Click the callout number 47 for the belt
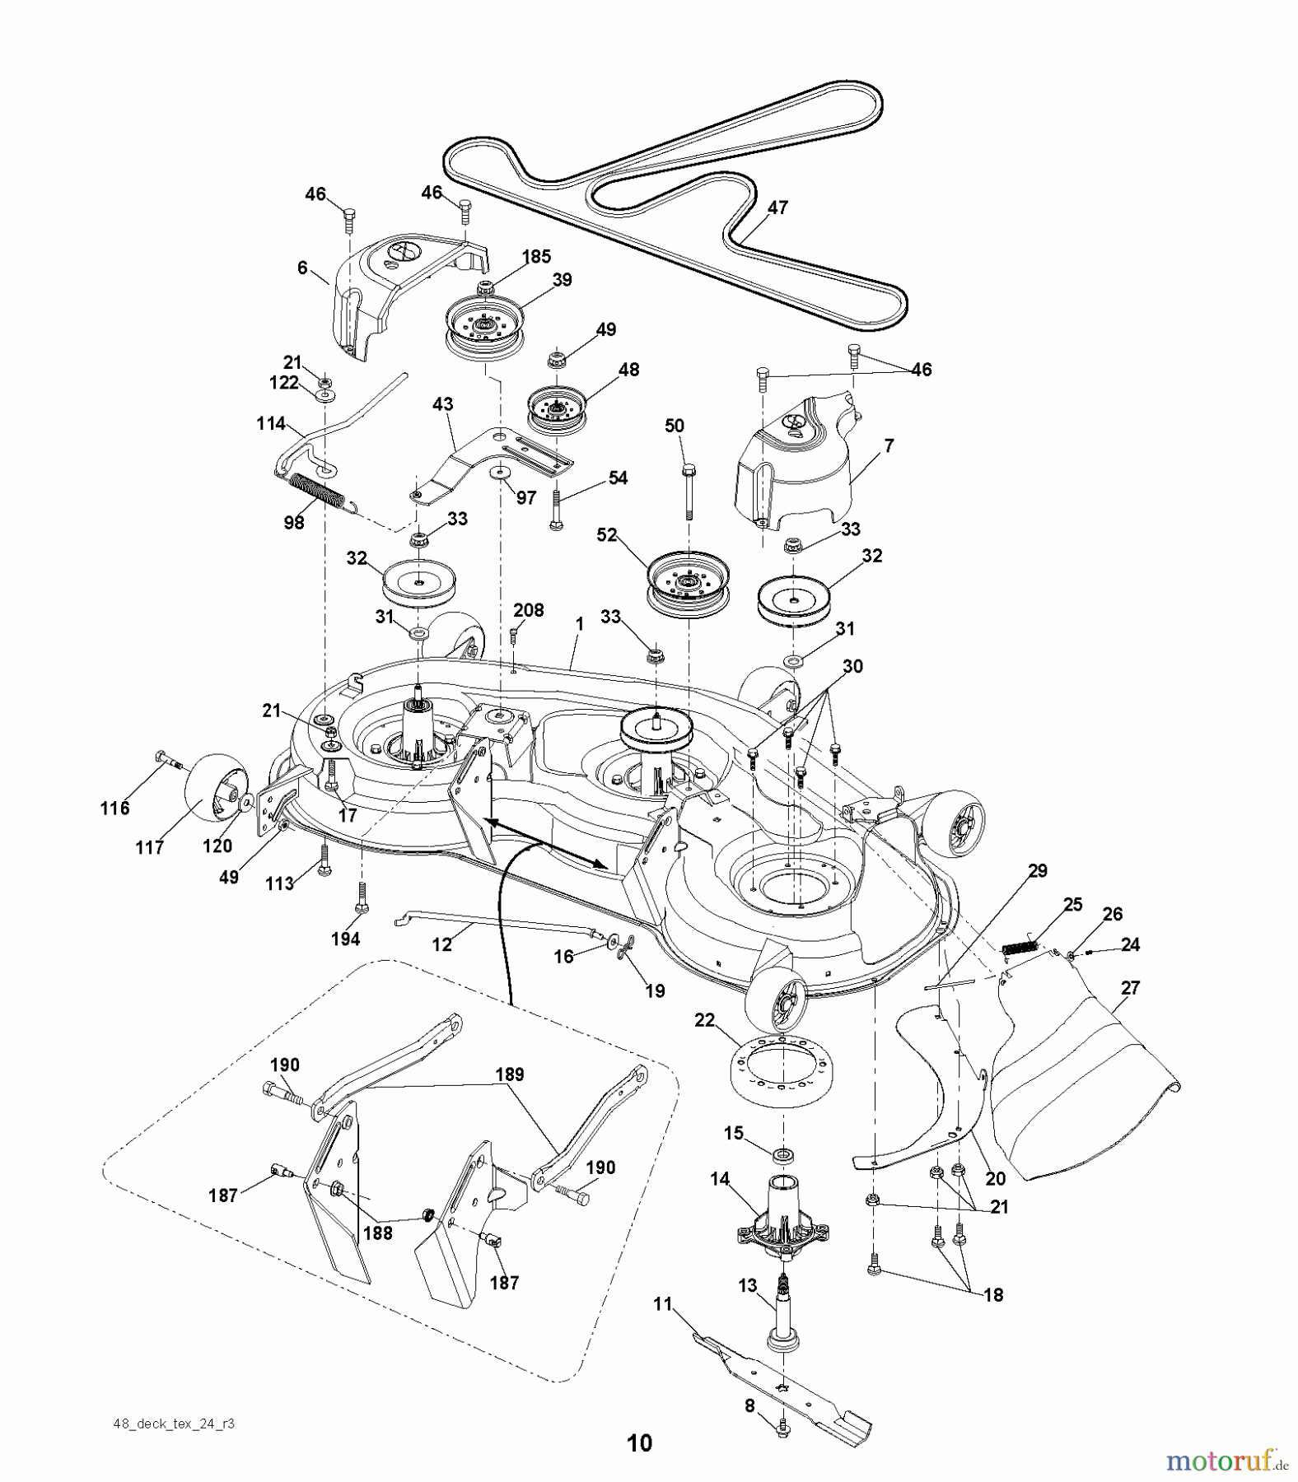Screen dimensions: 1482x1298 point(777,207)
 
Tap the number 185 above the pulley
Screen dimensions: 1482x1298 point(536,256)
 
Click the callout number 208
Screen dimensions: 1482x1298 point(528,610)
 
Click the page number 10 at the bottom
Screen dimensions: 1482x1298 point(639,1442)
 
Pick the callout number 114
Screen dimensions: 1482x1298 point(270,423)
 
